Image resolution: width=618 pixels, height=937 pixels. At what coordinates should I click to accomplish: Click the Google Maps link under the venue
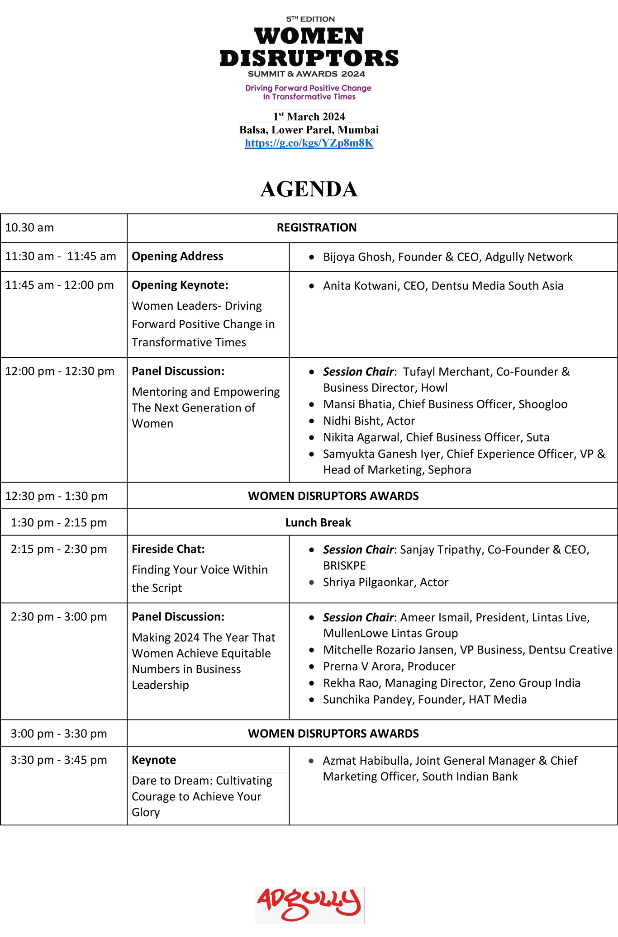309,143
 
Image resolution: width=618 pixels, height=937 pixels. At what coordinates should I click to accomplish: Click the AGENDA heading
309,189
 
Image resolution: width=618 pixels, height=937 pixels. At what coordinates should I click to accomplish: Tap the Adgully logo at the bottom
309,904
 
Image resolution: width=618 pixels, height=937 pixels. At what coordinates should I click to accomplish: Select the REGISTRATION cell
317,227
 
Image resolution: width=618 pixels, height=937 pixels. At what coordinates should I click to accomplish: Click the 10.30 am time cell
30,227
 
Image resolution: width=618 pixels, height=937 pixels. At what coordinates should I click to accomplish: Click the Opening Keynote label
180,285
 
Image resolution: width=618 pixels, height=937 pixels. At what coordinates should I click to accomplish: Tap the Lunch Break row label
318,523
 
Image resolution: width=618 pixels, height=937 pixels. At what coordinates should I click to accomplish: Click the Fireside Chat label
168,549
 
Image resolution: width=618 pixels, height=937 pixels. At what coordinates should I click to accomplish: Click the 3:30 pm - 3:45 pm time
59,760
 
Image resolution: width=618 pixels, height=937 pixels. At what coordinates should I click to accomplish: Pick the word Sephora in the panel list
449,470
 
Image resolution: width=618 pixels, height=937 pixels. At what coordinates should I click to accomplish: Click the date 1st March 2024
309,117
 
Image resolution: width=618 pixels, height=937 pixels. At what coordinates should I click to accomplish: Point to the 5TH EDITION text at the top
310,19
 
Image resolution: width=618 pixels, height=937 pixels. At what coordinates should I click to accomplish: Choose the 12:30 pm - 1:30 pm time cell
57,497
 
